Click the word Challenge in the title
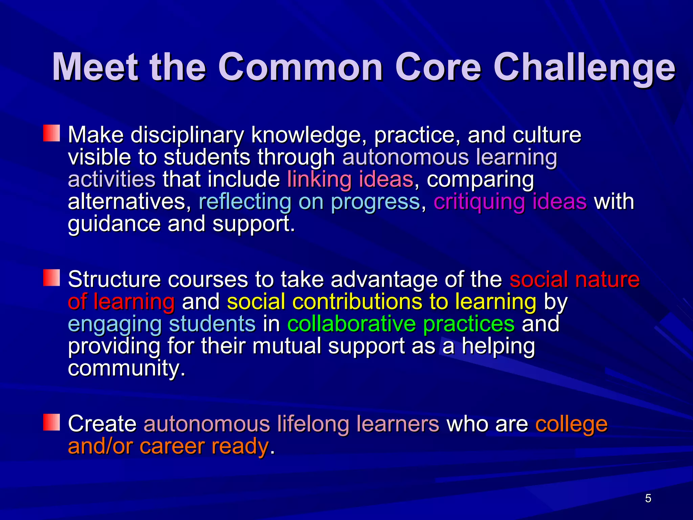pos(584,68)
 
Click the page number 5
pos(648,498)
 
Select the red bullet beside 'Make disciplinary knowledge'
pos(51,133)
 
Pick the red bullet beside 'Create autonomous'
pos(51,422)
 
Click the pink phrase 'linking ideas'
pos(350,179)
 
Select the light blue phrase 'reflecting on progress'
pos(309,202)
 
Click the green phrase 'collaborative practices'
pos(401,324)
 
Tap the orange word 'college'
pos(571,424)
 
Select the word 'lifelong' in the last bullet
pos(313,424)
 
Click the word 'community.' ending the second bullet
pos(127,368)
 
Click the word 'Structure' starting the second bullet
pos(114,279)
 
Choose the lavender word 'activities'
pos(112,179)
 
